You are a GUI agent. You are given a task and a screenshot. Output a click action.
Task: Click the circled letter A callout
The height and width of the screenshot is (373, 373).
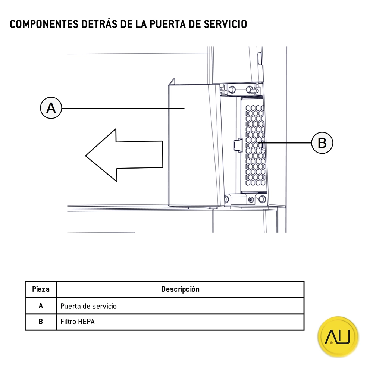(x=51, y=108)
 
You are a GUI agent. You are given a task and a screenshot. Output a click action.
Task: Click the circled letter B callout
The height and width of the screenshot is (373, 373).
(x=322, y=142)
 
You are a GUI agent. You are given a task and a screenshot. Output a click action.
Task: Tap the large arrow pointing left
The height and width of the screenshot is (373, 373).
(x=123, y=155)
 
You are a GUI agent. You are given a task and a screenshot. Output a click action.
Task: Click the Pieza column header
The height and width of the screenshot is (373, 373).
(x=41, y=289)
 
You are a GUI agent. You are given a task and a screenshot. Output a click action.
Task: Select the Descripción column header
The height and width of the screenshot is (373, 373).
(x=180, y=289)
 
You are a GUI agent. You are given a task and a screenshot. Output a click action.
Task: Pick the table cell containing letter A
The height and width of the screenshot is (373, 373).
(x=41, y=306)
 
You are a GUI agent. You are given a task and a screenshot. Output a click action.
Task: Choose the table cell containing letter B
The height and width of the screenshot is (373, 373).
(x=41, y=322)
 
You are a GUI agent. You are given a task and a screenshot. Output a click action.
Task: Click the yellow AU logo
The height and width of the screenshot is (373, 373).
(x=338, y=337)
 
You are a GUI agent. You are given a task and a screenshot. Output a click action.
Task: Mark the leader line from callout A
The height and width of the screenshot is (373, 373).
(x=123, y=108)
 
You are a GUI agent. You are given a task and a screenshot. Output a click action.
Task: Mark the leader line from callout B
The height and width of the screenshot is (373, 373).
(x=287, y=142)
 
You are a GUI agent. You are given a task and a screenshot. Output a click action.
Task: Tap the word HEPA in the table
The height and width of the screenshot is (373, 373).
(x=87, y=322)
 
